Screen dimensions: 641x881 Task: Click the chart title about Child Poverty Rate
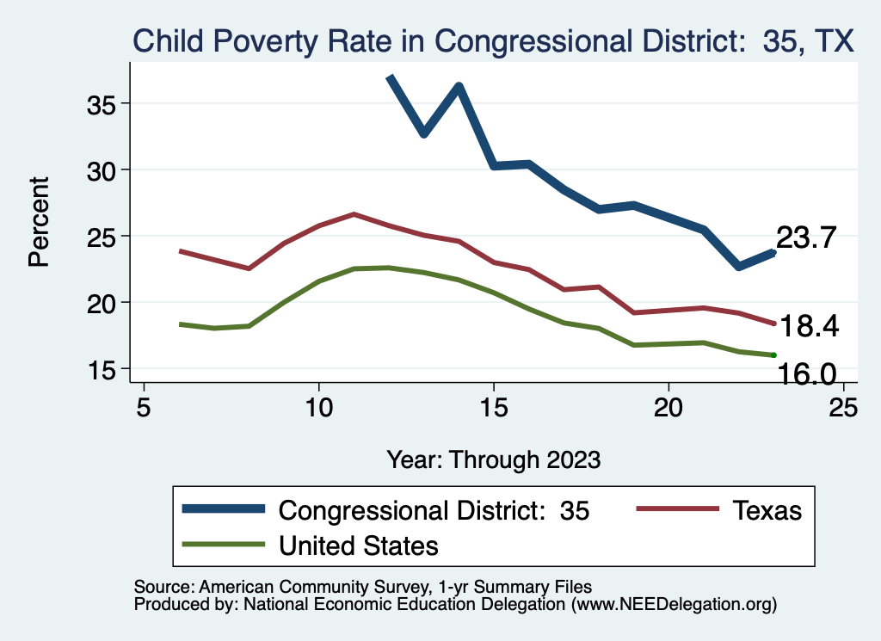tap(492, 41)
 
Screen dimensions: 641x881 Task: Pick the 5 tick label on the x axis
tap(143, 407)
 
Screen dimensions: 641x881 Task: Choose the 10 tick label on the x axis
tap(318, 407)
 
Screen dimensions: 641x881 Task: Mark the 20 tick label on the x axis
tap(668, 407)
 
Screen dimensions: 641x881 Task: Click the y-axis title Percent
tap(40, 221)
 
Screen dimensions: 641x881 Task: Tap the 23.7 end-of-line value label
tap(806, 238)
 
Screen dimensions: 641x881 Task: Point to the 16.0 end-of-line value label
tap(807, 373)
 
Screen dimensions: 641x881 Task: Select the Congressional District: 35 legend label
tap(434, 510)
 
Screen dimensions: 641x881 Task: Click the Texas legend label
tap(767, 510)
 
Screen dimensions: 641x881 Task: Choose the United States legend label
tap(359, 545)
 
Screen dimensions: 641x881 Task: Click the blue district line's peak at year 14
tap(459, 85)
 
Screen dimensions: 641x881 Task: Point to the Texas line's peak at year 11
tap(354, 213)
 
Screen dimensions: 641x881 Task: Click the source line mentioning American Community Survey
tap(362, 588)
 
